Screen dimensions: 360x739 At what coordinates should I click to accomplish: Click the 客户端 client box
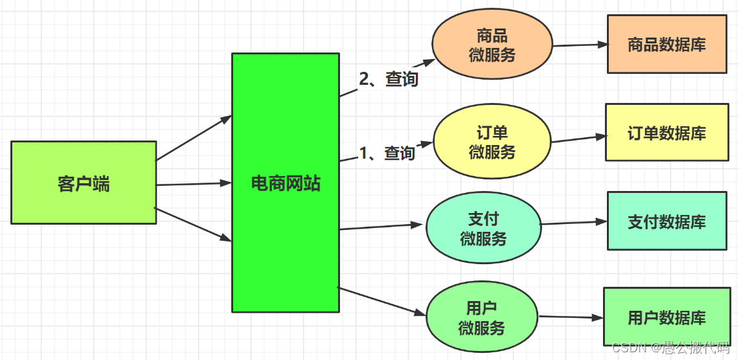coord(84,183)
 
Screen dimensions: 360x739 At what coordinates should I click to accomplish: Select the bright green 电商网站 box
coord(286,183)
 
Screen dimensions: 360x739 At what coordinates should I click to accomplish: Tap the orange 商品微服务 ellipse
coord(492,45)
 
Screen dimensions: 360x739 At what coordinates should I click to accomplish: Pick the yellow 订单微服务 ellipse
coord(492,142)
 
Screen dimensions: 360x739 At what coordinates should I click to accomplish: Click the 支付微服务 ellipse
coord(483,228)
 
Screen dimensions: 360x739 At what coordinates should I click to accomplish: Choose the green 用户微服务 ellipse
coord(482,317)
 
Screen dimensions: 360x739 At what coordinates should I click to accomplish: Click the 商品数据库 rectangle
coord(666,45)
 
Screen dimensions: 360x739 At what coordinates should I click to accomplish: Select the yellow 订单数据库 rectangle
coord(666,133)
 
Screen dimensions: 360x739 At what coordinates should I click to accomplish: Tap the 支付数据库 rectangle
coord(666,221)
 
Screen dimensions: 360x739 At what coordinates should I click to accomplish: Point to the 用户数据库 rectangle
coord(666,317)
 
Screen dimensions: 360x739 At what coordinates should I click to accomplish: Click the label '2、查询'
coord(389,79)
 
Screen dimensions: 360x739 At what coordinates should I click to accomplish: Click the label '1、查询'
coord(387,153)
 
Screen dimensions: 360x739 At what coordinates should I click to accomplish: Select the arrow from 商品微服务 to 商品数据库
coord(580,45)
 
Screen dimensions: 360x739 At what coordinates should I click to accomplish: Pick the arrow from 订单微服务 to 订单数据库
coord(578,139)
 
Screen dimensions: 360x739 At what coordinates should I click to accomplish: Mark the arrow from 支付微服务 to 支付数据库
coord(574,223)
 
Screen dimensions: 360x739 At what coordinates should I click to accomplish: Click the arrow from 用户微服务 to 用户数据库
coord(571,317)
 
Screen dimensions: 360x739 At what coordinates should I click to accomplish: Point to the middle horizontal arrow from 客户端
coord(194,184)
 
